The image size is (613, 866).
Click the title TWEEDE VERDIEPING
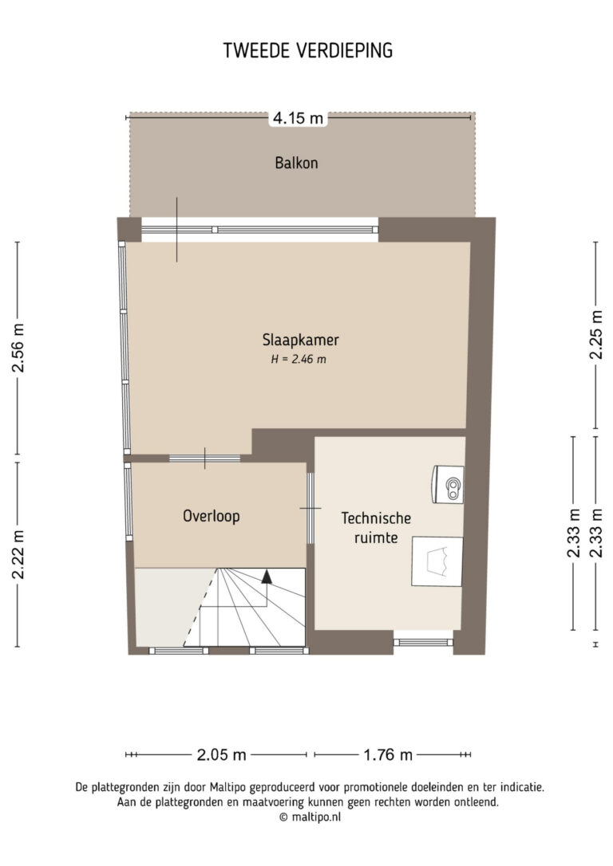point(308,50)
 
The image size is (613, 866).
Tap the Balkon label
point(296,163)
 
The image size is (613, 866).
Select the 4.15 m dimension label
point(298,118)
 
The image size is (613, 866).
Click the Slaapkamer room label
point(300,340)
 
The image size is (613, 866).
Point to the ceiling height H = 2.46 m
point(299,360)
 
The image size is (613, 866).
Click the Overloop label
point(212,517)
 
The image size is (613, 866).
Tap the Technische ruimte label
point(376,527)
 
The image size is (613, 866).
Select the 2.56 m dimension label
point(19,348)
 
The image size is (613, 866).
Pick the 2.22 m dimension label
point(19,554)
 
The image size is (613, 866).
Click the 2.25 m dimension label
point(596,335)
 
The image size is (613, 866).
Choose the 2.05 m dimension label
point(221,754)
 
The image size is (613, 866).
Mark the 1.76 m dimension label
point(388,754)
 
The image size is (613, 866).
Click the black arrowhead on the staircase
point(267,577)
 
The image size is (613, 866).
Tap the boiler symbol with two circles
point(449,484)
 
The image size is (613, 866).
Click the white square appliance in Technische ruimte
point(437,561)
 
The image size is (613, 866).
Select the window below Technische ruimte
point(423,642)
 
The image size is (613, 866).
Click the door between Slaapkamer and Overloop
point(204,458)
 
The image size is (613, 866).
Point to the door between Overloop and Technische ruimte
point(310,508)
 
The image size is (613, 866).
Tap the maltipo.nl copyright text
point(310,817)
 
